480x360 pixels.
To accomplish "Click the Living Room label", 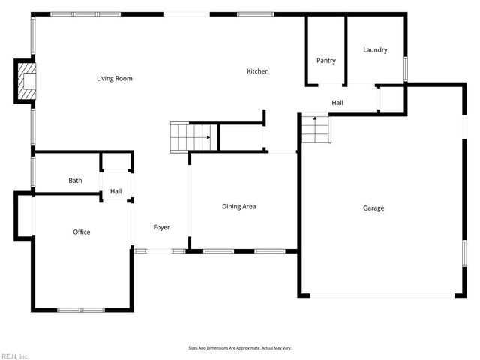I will pyautogui.click(x=115, y=78).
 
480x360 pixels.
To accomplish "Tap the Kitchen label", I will pyautogui.click(x=258, y=71).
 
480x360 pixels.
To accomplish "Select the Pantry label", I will pyautogui.click(x=325, y=61).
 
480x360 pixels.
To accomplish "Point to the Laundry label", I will pyautogui.click(x=375, y=50).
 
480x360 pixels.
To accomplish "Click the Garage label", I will pyautogui.click(x=373, y=208).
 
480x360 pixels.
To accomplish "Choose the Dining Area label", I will pyautogui.click(x=239, y=206).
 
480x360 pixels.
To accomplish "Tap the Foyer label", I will pyautogui.click(x=161, y=227).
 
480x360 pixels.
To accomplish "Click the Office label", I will pyautogui.click(x=82, y=232).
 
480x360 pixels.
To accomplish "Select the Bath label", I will pyautogui.click(x=75, y=181).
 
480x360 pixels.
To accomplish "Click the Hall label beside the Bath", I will pyautogui.click(x=115, y=192).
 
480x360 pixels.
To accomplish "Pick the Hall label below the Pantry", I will pyautogui.click(x=337, y=102).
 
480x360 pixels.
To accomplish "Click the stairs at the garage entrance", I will pyautogui.click(x=315, y=129).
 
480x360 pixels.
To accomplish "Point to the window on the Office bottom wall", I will pyautogui.click(x=81, y=310).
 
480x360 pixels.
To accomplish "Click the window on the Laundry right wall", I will pyautogui.click(x=405, y=68).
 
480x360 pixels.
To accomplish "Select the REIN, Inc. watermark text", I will pyautogui.click(x=15, y=355).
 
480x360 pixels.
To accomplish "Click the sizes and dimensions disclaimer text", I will pyautogui.click(x=239, y=348).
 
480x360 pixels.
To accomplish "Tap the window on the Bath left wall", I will pyautogui.click(x=32, y=171).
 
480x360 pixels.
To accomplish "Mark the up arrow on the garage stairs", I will pyautogui.click(x=315, y=118).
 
